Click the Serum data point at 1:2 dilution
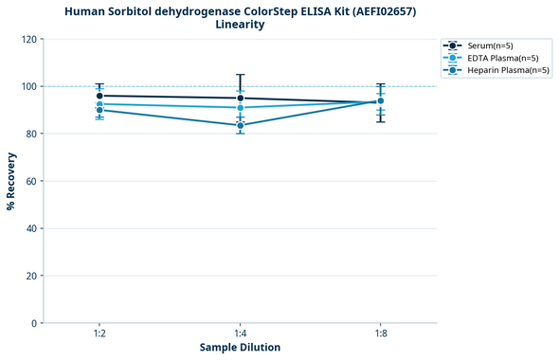point(99,96)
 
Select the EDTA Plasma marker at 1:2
point(99,104)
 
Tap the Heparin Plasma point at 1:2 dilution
point(99,110)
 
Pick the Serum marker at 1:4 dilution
point(241,98)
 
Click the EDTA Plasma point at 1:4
point(241,107)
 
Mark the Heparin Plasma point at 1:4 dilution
point(241,125)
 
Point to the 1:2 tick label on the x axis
point(99,333)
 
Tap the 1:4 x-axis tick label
point(241,333)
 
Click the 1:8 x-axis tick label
point(381,333)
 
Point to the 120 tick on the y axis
point(29,39)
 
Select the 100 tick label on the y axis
point(29,86)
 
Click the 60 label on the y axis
point(32,181)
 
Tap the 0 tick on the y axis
point(35,323)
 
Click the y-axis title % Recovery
point(11,181)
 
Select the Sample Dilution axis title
point(240,348)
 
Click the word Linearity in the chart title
point(241,25)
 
